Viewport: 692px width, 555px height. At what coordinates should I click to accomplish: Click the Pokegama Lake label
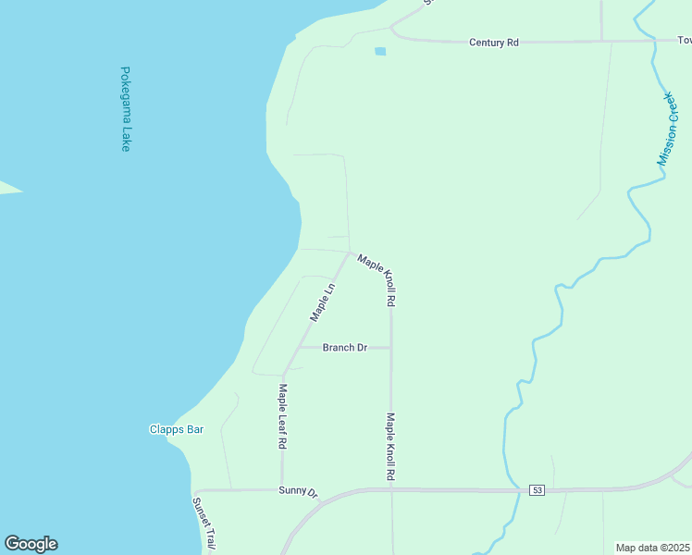[x=125, y=108]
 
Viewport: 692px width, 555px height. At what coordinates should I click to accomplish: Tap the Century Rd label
[x=494, y=43]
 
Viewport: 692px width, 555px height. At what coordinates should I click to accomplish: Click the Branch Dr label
[x=344, y=348]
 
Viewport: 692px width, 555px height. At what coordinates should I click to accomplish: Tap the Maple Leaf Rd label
[x=282, y=416]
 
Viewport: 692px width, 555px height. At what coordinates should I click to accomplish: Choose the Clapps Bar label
[x=176, y=429]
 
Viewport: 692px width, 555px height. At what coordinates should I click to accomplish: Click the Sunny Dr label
[x=298, y=491]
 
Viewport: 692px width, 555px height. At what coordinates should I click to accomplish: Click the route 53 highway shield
[x=537, y=489]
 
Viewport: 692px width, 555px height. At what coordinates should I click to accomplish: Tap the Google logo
[x=31, y=544]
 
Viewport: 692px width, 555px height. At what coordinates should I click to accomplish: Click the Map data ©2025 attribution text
[x=652, y=548]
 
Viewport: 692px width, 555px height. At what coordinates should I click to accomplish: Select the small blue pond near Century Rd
[x=380, y=51]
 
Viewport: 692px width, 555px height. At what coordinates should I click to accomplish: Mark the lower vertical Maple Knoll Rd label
[x=390, y=446]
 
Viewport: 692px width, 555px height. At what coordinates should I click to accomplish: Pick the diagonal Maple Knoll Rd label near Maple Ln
[x=378, y=280]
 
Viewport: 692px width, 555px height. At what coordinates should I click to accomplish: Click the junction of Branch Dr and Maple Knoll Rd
[x=390, y=348]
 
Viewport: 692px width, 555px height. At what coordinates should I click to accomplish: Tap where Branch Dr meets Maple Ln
[x=298, y=348]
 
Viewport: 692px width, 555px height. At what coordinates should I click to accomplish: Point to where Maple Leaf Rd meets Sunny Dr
[x=282, y=490]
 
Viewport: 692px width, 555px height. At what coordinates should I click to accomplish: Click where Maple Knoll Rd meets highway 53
[x=391, y=489]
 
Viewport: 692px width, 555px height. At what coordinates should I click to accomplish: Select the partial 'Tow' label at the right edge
[x=685, y=41]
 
